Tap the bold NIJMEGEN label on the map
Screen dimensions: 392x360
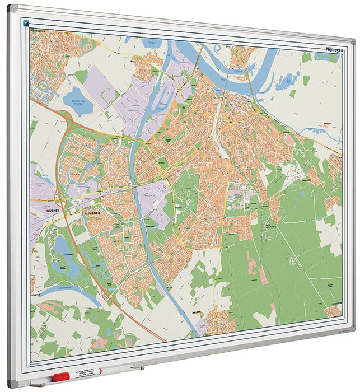(91, 213)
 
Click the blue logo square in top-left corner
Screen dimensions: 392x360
(26, 22)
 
